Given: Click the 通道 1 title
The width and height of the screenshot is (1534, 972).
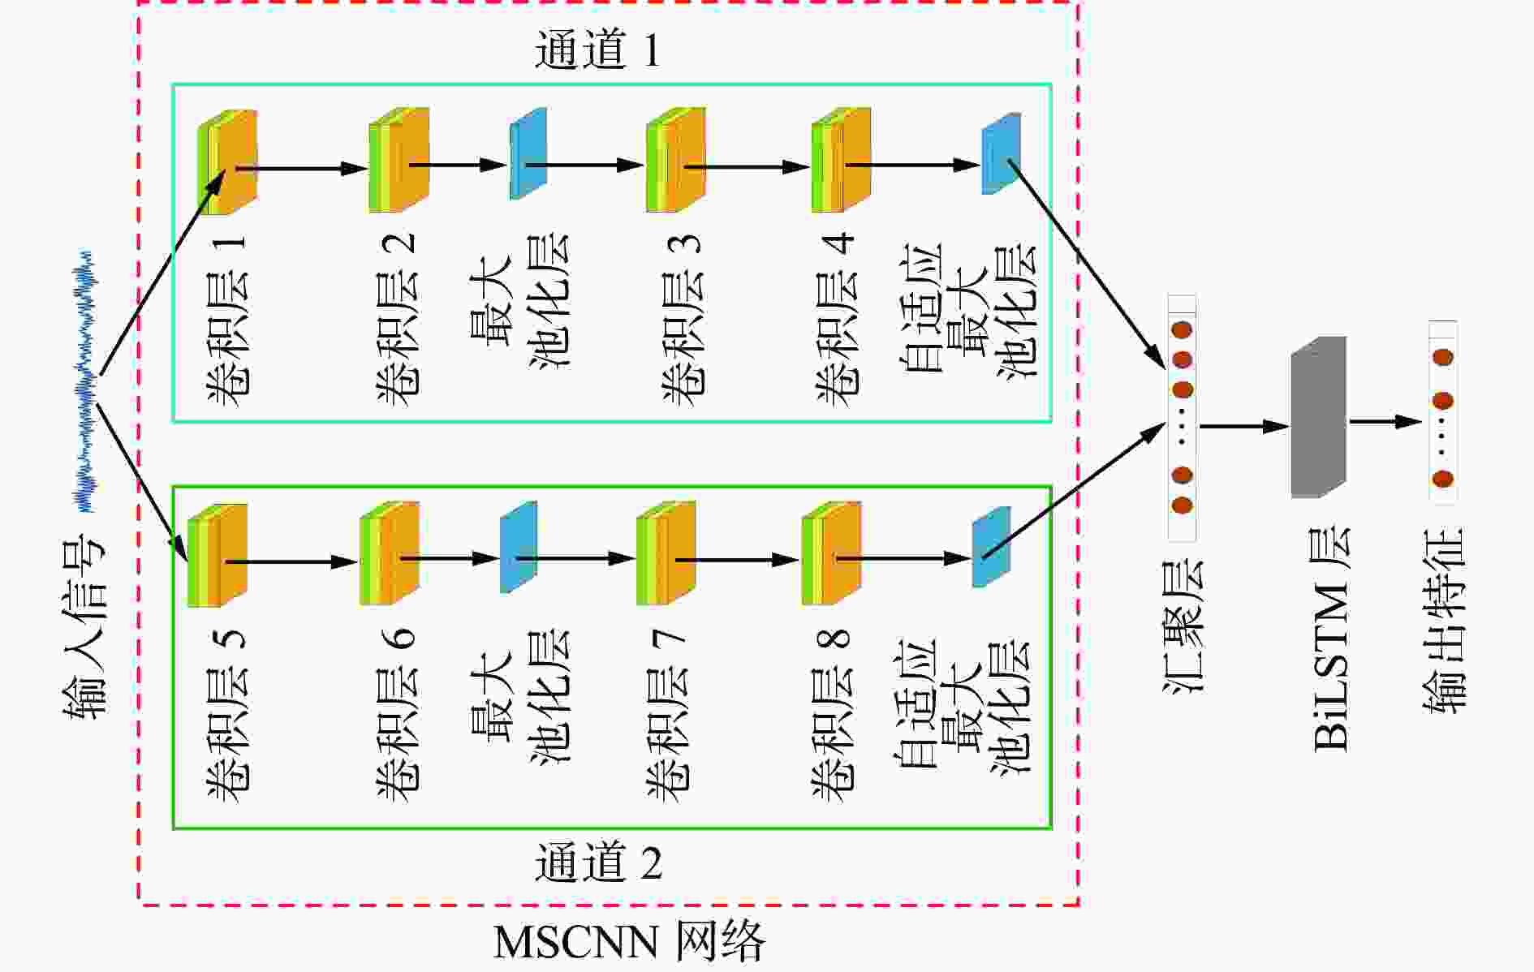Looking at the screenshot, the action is coord(597,49).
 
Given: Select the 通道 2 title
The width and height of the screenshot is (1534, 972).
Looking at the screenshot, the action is coord(598,862).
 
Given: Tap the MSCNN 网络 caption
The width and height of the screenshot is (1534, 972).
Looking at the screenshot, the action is coord(629,942).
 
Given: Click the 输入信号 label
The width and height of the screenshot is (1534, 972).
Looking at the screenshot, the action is coord(84,626).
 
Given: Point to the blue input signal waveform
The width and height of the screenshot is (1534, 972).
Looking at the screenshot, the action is coord(84,381).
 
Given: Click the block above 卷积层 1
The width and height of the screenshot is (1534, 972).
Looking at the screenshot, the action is coord(228,162).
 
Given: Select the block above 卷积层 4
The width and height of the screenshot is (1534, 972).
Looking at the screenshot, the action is coord(841,161).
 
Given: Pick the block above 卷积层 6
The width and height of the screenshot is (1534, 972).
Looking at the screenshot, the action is coord(390,553).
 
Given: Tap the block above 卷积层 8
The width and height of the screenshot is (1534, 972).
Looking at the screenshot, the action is coord(831,553).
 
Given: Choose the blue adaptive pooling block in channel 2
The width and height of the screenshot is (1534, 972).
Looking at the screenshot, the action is coord(991,547).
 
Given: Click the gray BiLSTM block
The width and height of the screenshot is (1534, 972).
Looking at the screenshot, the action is coord(1319,417).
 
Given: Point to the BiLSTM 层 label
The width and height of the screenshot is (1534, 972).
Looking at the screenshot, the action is coord(1332,639).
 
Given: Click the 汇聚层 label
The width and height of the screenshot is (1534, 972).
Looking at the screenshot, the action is coord(1183,626).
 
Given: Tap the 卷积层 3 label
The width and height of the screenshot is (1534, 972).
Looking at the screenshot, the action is coord(683,320).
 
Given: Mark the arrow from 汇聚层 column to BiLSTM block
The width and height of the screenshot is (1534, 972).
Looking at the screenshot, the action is coord(1245,426).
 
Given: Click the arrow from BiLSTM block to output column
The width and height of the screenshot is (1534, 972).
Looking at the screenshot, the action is coord(1385,421).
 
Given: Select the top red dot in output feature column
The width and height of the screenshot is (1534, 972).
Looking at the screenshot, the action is coord(1442,357).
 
